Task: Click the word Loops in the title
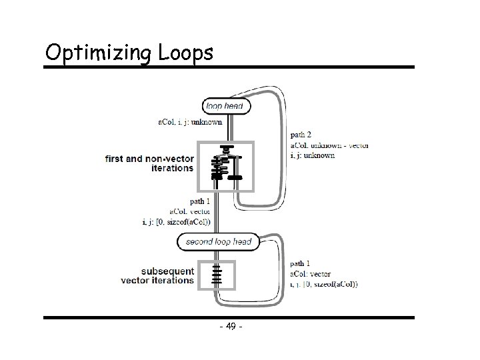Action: point(185,51)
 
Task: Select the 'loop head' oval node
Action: point(227,105)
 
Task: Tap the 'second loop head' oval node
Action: point(219,241)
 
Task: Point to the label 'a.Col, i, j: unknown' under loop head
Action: point(190,121)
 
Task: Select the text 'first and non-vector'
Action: point(149,159)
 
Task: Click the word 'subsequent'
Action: point(167,271)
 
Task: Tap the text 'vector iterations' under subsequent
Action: point(157,281)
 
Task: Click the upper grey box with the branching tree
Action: point(226,166)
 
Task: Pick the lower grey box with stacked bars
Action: point(216,275)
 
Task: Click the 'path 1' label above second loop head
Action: point(201,201)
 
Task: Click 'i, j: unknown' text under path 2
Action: point(312,155)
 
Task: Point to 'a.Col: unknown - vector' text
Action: point(329,145)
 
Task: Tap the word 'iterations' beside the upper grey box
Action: point(171,168)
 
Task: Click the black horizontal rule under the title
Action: point(229,67)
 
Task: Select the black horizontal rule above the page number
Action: point(229,317)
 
